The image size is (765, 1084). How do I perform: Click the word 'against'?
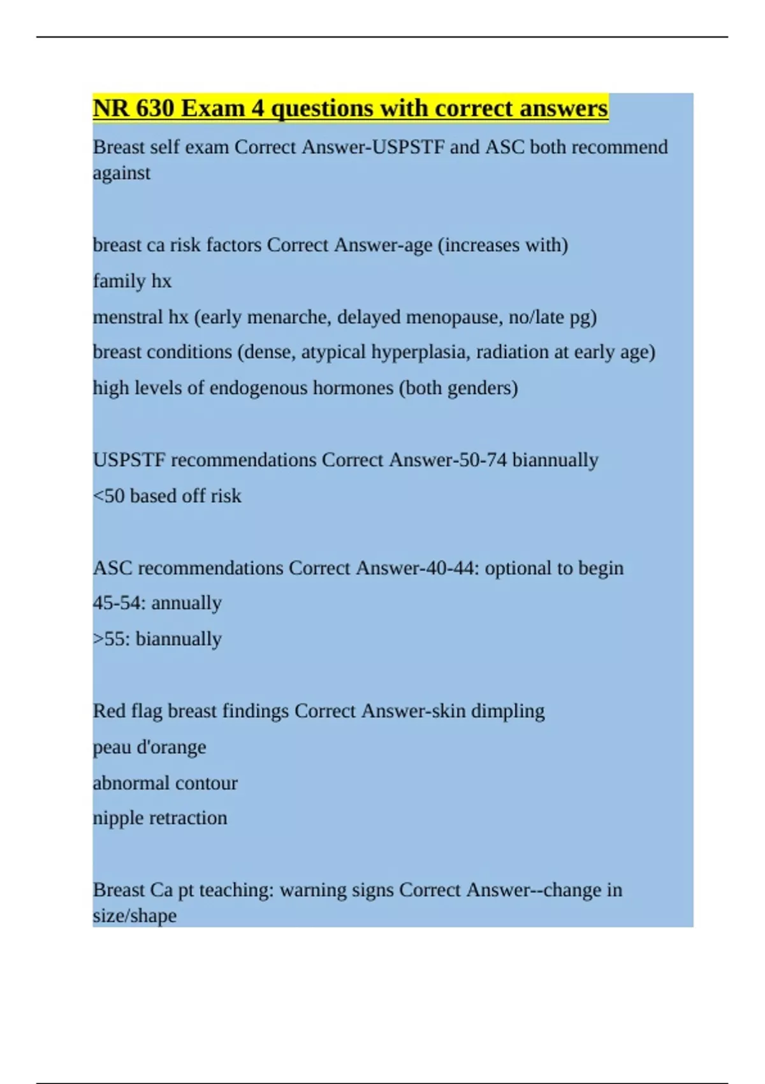click(122, 173)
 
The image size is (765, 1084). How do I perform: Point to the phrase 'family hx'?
click(132, 281)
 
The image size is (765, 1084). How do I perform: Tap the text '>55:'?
click(112, 639)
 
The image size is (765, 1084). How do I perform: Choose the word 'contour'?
click(206, 783)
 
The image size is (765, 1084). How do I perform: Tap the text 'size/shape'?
click(135, 916)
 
